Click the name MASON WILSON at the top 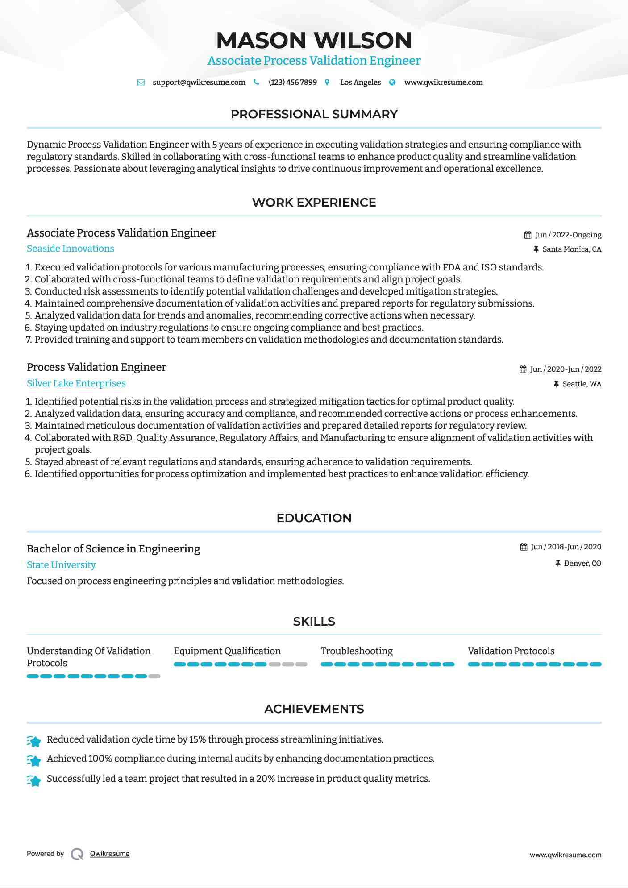click(314, 40)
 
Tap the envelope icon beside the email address click(141, 83)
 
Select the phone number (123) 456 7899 click(292, 83)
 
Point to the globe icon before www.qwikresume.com click(392, 83)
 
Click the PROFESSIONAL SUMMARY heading click(314, 114)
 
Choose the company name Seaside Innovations click(71, 249)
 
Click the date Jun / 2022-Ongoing click(568, 235)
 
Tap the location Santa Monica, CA click(572, 249)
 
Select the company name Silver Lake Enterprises click(76, 383)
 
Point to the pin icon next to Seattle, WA click(556, 384)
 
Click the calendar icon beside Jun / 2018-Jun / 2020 click(524, 547)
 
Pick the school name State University click(61, 565)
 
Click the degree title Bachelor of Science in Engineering click(113, 549)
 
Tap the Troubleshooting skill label click(357, 651)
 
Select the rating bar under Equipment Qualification click(241, 664)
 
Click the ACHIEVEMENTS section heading click(314, 709)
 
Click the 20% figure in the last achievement click(266, 779)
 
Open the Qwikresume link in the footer click(110, 854)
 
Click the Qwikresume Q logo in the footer click(77, 854)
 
